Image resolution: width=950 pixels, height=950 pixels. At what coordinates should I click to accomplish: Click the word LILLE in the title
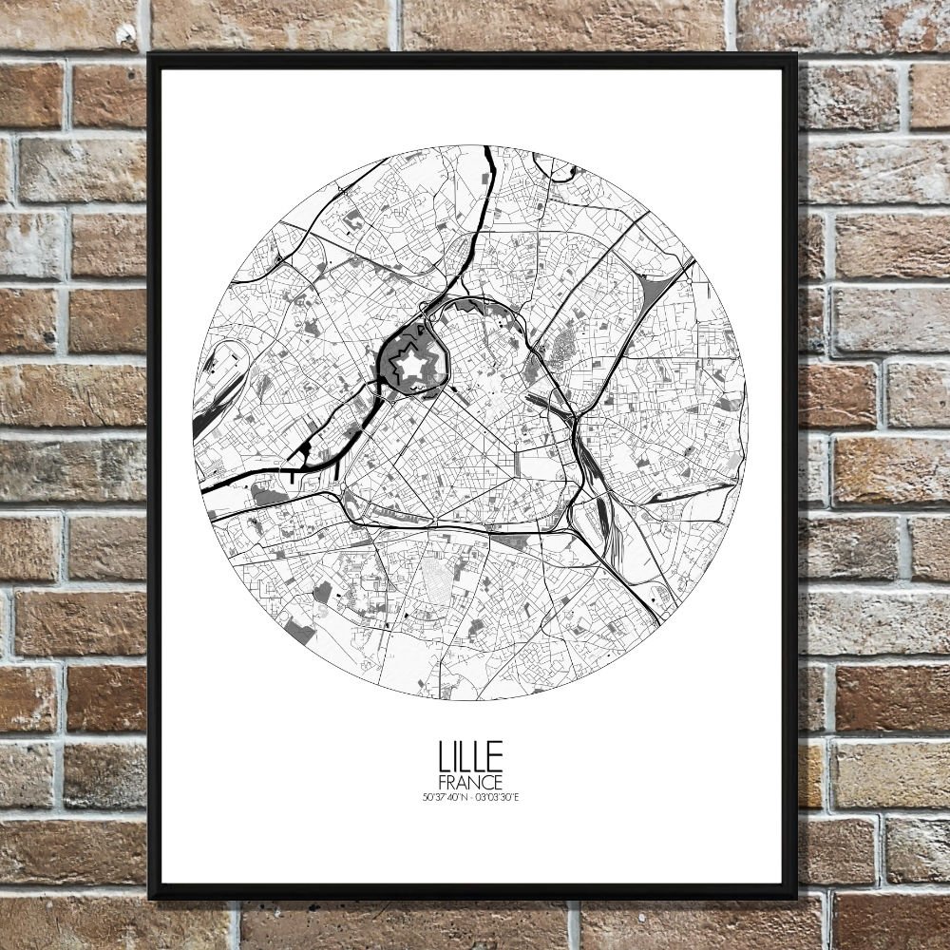(x=470, y=756)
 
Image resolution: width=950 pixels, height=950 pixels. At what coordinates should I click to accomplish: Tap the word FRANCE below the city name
(x=470, y=781)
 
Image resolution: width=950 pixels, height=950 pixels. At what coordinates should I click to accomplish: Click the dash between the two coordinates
(x=471, y=796)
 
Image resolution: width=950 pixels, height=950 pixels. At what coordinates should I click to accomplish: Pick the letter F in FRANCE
(x=444, y=781)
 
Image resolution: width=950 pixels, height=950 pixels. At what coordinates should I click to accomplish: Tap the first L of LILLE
(x=445, y=756)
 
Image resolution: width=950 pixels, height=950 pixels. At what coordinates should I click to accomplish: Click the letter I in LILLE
(x=457, y=756)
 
